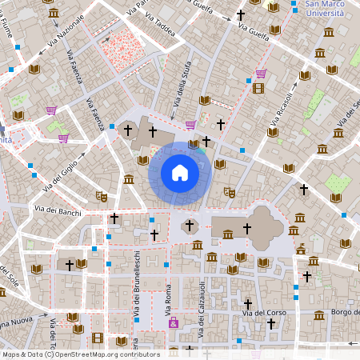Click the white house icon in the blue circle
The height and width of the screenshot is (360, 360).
click(x=180, y=173)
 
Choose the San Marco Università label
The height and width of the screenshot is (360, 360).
click(x=328, y=9)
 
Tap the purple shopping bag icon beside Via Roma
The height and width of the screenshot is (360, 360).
click(x=174, y=322)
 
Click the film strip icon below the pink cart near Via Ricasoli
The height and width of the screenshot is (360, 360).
click(x=258, y=88)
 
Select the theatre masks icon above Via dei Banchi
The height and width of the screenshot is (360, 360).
click(x=102, y=195)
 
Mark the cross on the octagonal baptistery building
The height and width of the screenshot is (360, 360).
click(x=190, y=226)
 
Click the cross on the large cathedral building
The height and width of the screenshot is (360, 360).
click(x=247, y=228)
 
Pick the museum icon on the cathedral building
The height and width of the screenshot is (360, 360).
click(x=228, y=234)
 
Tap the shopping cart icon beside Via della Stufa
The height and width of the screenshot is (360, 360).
click(x=190, y=124)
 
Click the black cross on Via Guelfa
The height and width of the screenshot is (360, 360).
click(x=241, y=15)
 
